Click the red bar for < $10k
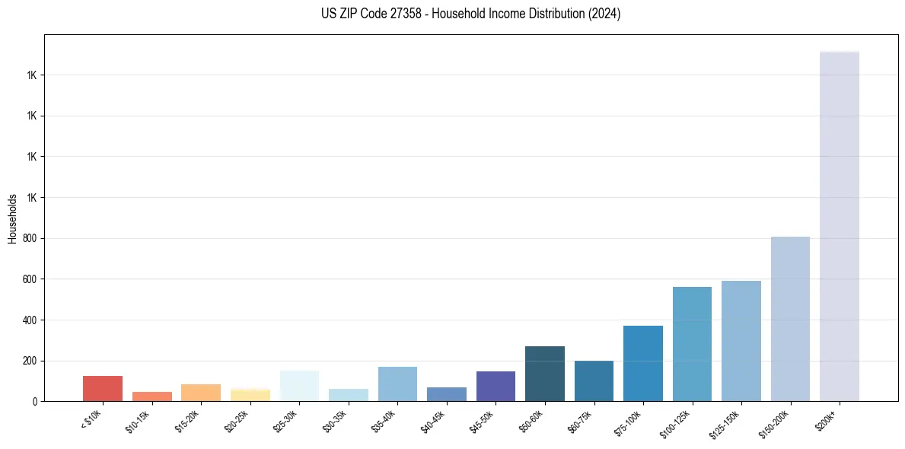pyautogui.click(x=103, y=388)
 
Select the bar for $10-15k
pyautogui.click(x=152, y=396)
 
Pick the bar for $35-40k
pyautogui.click(x=397, y=384)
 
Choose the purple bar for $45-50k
pyautogui.click(x=496, y=387)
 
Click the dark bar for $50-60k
pyautogui.click(x=545, y=374)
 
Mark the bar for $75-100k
pyautogui.click(x=643, y=364)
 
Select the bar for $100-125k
pyautogui.click(x=692, y=344)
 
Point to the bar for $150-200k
pyautogui.click(x=790, y=319)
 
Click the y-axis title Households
pyautogui.click(x=13, y=218)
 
